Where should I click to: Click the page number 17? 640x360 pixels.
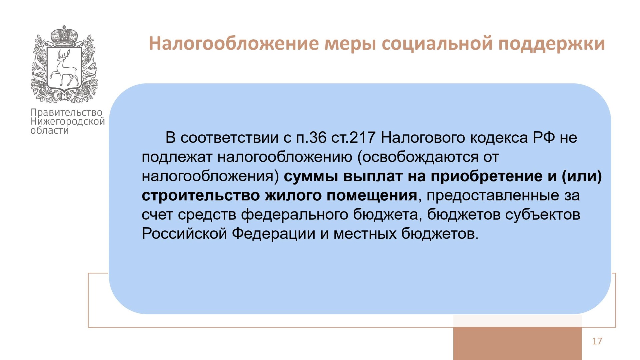(597, 341)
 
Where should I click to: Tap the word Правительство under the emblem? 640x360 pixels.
(67, 113)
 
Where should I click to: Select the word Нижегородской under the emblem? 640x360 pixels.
(68, 122)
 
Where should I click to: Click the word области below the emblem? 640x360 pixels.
(49, 131)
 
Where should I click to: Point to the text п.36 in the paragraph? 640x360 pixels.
(311, 138)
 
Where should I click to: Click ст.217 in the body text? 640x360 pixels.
(353, 138)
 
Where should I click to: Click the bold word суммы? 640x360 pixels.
(311, 177)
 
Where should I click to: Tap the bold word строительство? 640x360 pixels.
(201, 196)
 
